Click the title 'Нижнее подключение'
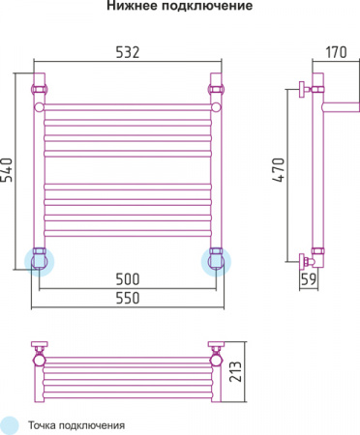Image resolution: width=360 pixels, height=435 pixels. point(179,8)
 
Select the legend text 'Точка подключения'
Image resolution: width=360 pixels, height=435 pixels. point(76,424)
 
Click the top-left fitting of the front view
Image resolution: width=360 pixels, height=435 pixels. point(41,89)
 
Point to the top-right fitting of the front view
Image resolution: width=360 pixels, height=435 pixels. point(216,89)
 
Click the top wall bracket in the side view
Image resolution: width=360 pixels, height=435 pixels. point(309,89)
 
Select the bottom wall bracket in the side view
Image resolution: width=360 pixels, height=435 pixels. point(309,259)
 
